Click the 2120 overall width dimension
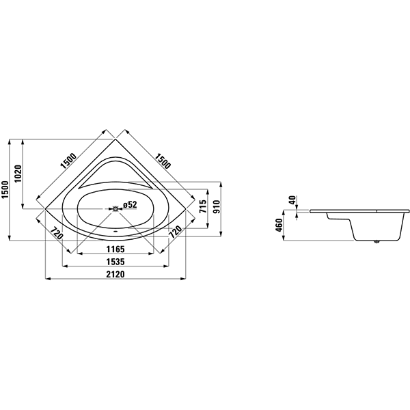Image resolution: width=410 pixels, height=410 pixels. [115, 274]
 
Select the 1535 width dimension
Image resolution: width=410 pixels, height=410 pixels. [115, 262]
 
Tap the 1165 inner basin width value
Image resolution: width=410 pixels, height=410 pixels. [115, 249]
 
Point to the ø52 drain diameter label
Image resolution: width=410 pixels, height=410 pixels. [130, 204]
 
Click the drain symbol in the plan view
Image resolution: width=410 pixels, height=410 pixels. [115, 208]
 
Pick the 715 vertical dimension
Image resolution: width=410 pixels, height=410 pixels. [203, 206]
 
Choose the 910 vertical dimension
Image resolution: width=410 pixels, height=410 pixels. [217, 206]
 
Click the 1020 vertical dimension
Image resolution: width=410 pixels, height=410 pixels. [18, 174]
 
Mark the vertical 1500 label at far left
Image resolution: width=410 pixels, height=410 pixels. [5, 189]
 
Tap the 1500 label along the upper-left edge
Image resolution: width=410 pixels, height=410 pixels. [68, 161]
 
